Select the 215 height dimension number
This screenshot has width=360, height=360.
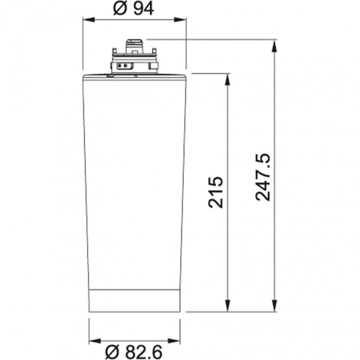(x=216, y=192)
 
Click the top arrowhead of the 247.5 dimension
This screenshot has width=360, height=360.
(x=275, y=44)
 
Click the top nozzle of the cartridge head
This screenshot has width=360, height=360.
(x=134, y=45)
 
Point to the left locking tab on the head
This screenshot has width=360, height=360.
(x=114, y=50)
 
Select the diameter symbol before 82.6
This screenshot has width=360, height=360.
(x=110, y=351)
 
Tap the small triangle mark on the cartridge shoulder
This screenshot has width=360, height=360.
(x=136, y=75)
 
